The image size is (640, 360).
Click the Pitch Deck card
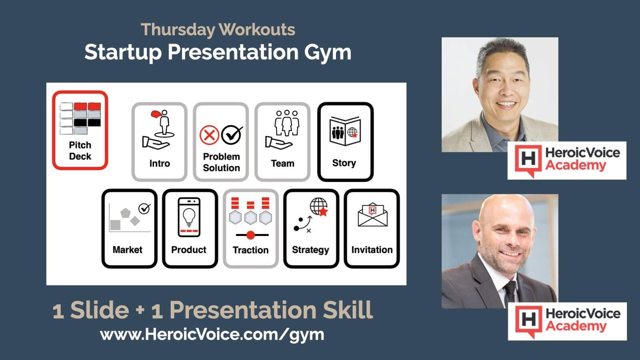[x=80, y=130]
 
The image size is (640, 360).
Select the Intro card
[x=160, y=142]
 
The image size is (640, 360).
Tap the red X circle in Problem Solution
[x=209, y=135]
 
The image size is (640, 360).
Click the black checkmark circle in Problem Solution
[x=232, y=135]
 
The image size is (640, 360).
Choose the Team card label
[x=282, y=164]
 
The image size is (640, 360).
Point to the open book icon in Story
[x=345, y=131]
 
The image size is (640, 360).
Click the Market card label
[x=128, y=250]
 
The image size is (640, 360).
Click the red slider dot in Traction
[x=250, y=235]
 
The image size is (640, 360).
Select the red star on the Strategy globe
[x=323, y=212]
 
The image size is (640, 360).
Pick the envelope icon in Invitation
[x=372, y=214]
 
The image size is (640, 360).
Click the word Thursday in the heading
[x=178, y=30]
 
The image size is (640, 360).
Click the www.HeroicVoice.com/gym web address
[x=212, y=334]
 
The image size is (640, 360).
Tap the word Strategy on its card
[x=310, y=250]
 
